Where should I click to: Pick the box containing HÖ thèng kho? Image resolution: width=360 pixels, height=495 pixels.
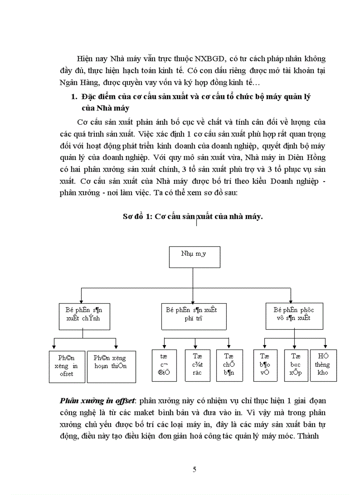point(324,365)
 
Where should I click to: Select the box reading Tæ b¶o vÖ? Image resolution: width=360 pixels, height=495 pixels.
point(265,365)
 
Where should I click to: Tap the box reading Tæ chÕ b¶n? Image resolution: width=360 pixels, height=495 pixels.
point(228,365)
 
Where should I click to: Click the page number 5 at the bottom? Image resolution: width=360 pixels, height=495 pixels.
point(195,469)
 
